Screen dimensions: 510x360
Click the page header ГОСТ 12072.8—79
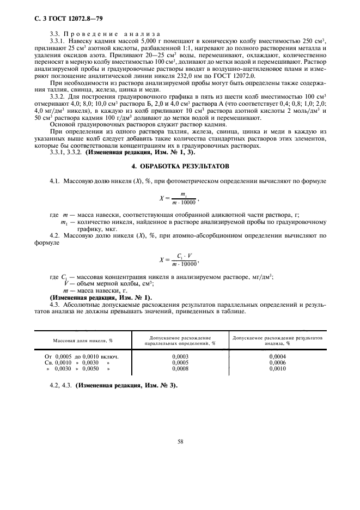[64, 19]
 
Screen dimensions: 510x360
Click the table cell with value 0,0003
[180, 356]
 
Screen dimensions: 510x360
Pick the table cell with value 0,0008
[180, 369]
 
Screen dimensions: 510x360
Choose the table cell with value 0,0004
[277, 356]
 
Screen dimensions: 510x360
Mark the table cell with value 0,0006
[277, 362]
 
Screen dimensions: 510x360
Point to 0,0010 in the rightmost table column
[277, 369]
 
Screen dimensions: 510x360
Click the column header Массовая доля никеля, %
[83, 341]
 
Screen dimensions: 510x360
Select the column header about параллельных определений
[180, 341]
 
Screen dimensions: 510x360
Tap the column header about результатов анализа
[277, 341]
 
